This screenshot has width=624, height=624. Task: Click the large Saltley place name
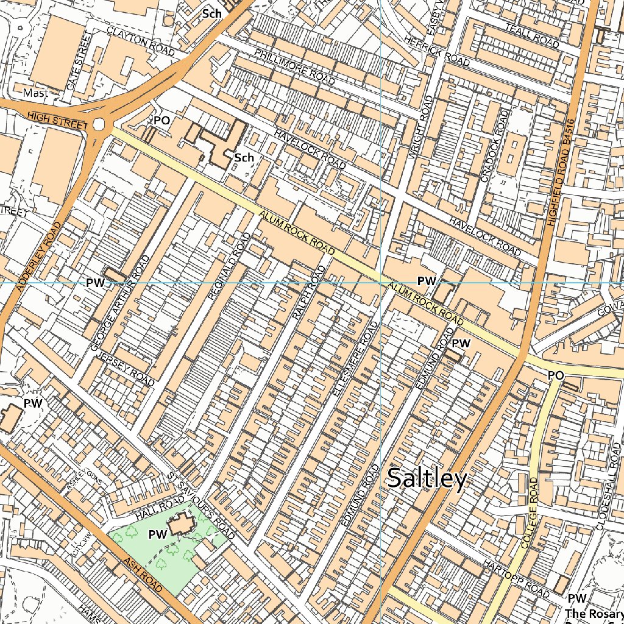click(x=427, y=479)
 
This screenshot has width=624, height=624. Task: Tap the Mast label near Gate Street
click(x=35, y=93)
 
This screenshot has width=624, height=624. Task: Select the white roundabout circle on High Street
click(x=99, y=125)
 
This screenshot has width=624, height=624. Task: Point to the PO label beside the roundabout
click(x=161, y=121)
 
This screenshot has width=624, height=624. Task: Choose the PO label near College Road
click(x=555, y=375)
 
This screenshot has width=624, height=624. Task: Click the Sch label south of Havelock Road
click(x=244, y=158)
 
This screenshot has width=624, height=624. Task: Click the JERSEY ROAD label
click(x=124, y=369)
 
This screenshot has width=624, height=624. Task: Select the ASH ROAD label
click(x=143, y=575)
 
